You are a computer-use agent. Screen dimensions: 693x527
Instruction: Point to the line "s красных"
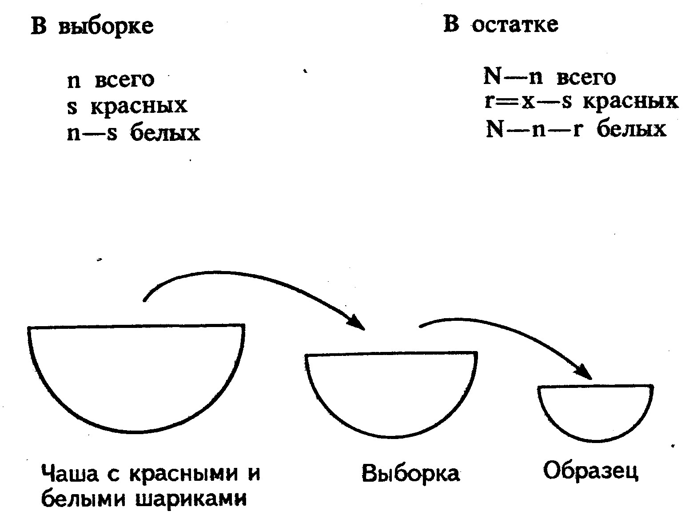127,106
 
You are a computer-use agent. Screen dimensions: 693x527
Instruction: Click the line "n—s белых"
133,133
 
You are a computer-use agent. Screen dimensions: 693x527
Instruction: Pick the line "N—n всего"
549,78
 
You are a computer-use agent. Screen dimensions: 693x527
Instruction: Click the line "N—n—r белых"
576,129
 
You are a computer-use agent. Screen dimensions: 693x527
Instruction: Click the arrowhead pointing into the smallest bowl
585,372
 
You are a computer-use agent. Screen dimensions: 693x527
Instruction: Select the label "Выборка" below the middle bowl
411,474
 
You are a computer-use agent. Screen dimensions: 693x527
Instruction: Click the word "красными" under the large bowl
182,474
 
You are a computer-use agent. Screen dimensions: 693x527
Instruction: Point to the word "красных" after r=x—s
630,102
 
